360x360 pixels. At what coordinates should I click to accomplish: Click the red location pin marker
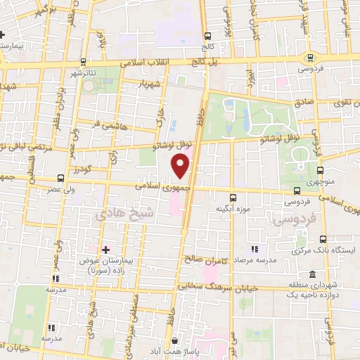pos(181,165)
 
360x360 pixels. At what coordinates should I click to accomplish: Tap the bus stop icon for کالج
pos(207,37)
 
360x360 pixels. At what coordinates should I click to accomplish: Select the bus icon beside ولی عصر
pos(61,178)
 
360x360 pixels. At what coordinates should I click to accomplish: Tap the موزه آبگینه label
pos(229,208)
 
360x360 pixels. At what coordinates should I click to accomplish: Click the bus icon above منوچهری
pos(321,170)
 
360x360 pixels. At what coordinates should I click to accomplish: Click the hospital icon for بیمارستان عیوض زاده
pos(106,249)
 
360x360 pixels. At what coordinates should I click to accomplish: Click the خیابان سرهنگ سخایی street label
pos(219,287)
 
